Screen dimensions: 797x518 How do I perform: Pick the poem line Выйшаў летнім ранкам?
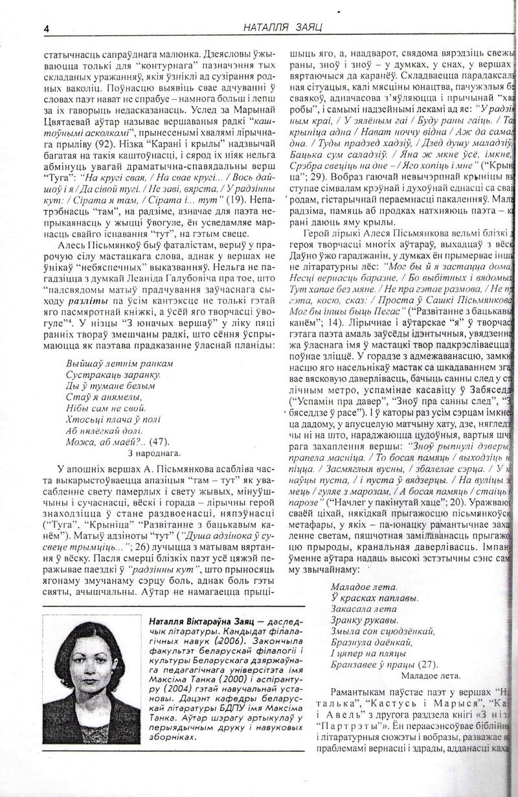[120, 364]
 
